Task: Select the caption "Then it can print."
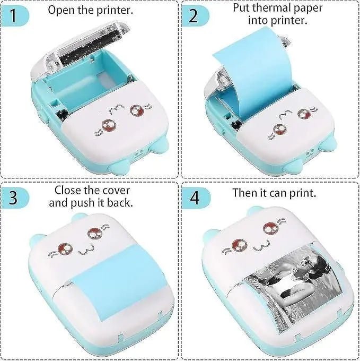pyautogui.click(x=274, y=192)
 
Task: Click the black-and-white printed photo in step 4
pyautogui.click(x=287, y=297)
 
